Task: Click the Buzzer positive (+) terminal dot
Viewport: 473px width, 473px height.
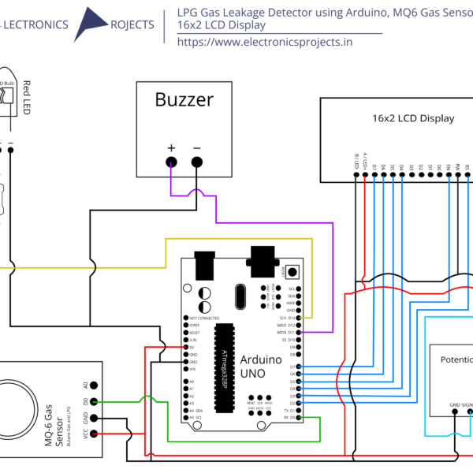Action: (x=170, y=162)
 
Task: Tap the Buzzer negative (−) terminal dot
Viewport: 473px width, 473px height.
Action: (x=197, y=162)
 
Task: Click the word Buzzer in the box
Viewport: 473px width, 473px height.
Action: (x=184, y=100)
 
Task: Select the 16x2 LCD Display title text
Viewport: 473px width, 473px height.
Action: (x=413, y=118)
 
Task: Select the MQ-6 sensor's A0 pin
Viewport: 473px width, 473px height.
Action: (x=95, y=385)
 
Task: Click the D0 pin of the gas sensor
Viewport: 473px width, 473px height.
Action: (x=95, y=402)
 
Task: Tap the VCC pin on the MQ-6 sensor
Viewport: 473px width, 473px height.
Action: (x=95, y=434)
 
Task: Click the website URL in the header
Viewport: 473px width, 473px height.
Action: (x=265, y=42)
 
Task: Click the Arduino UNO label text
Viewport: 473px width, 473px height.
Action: (x=261, y=365)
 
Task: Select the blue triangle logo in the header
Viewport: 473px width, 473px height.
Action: (x=93, y=24)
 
